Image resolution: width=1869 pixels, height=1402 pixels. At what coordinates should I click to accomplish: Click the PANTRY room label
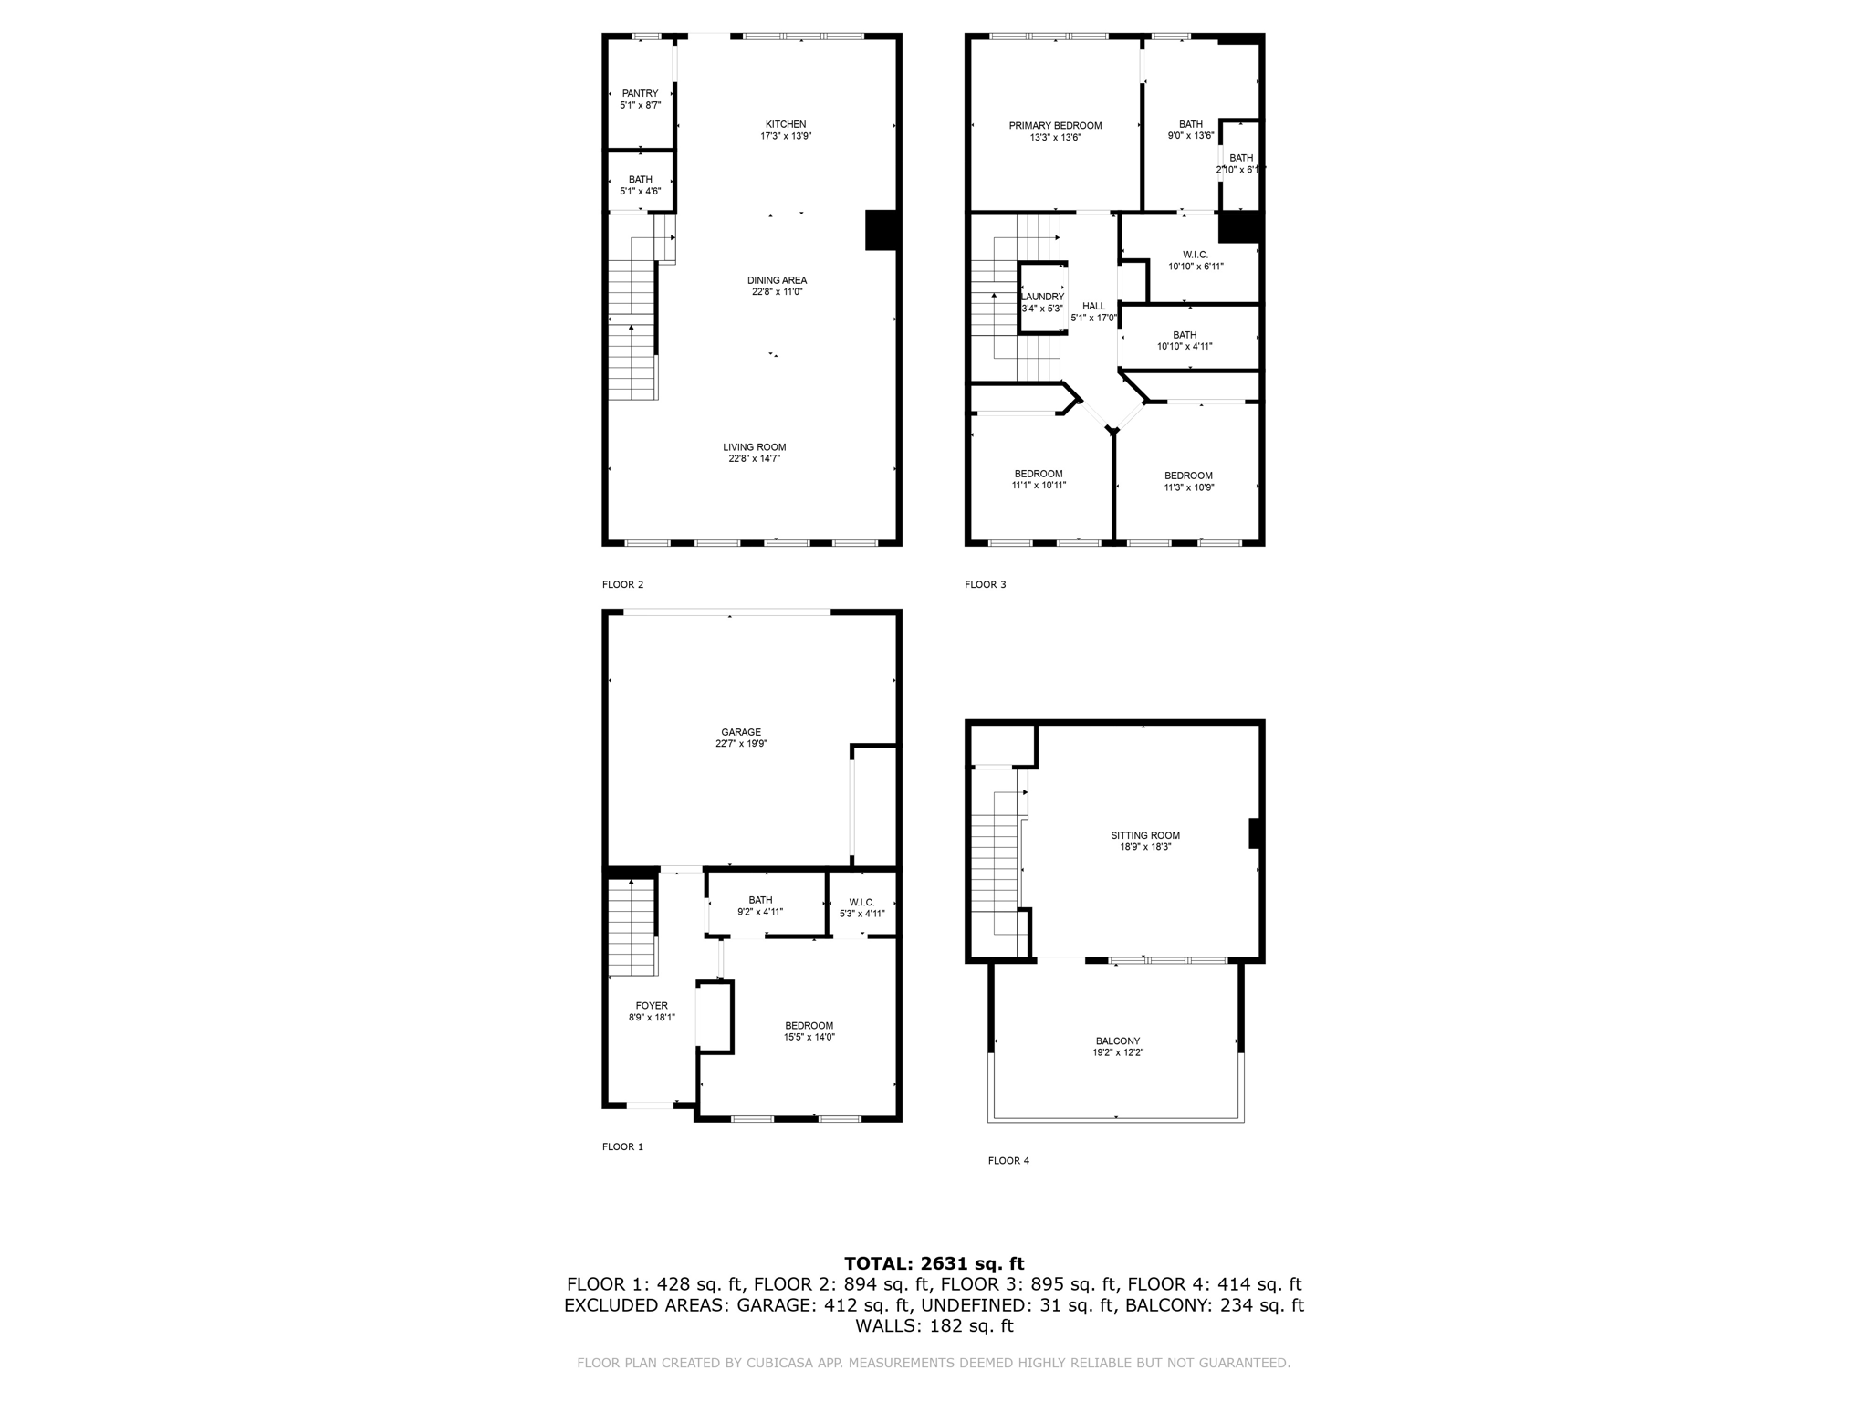640,94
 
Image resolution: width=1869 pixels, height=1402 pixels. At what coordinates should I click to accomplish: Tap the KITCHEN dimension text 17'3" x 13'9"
786,137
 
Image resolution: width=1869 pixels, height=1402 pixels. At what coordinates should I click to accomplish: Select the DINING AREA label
777,281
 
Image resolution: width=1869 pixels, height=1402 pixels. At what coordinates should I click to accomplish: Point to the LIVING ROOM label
754,447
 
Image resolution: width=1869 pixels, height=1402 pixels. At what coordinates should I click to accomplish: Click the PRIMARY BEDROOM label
1055,126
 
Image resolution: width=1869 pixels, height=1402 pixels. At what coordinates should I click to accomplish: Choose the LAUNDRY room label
1042,297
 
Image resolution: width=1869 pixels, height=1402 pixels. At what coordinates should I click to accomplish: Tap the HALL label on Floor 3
1093,307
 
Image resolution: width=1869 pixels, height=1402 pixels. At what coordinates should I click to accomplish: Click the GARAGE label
741,732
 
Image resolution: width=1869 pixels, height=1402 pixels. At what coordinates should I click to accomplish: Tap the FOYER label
652,1006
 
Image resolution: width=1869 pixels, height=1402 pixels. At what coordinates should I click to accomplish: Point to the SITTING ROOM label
1145,835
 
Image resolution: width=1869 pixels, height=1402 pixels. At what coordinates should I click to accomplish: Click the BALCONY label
1118,1041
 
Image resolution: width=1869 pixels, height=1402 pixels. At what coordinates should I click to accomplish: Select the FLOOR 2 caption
622,584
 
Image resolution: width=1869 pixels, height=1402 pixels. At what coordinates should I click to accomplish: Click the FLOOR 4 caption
1008,1161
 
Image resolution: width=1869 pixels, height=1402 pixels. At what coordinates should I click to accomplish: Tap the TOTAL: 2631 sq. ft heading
934,1264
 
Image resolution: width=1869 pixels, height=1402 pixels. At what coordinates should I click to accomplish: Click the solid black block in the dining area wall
882,230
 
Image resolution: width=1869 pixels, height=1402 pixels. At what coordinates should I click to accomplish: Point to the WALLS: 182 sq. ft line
934,1326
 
